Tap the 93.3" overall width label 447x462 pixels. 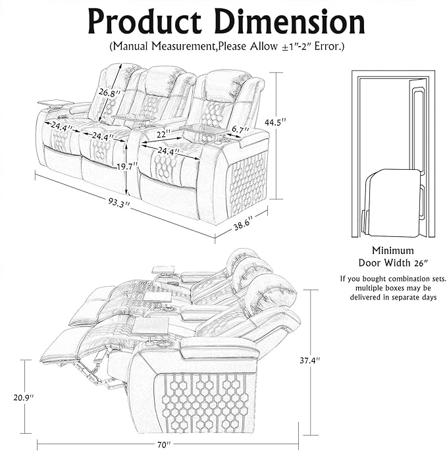coord(118,203)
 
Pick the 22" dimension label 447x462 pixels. coord(163,134)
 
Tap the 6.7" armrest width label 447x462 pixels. coord(238,130)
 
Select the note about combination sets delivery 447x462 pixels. coord(392,288)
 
